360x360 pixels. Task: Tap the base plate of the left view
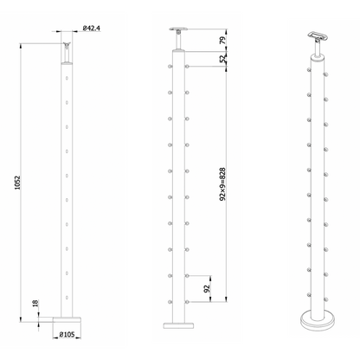click(66, 321)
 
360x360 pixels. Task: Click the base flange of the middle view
click(177, 323)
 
